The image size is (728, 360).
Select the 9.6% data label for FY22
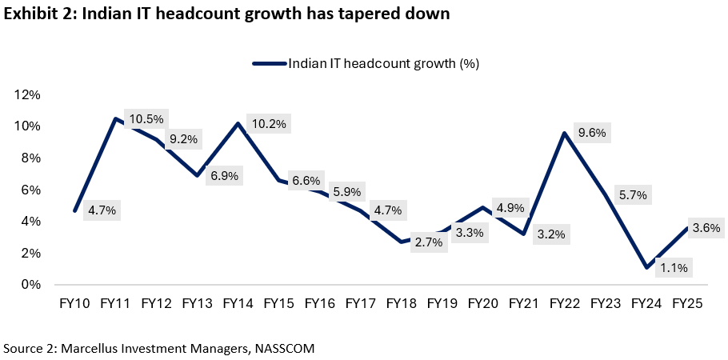coord(592,133)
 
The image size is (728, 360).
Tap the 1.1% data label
coord(674,268)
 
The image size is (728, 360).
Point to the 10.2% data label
coord(269,123)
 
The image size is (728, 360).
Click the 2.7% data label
coord(429,242)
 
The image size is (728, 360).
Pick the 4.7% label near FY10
coord(101,210)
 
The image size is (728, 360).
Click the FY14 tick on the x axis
coord(238,304)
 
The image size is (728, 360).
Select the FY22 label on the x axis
coord(565,304)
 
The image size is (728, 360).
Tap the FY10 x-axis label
coord(75,304)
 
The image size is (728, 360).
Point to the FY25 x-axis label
coord(687,304)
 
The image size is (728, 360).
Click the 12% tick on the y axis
coord(28,95)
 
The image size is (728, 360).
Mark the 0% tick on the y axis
coord(31,284)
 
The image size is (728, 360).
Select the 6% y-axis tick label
coord(31,190)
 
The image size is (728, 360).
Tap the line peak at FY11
coord(116,119)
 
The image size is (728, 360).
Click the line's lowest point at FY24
coord(646,267)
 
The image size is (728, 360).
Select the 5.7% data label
coord(633,194)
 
